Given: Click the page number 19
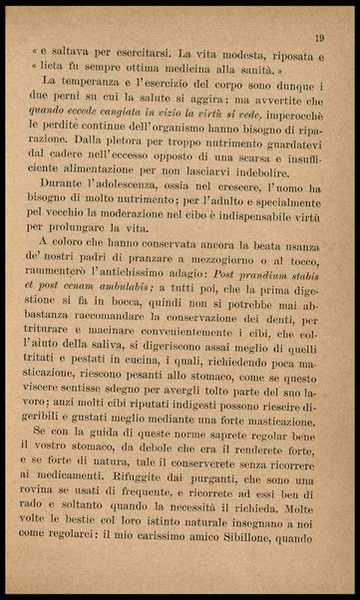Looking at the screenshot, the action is (x=317, y=38).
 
